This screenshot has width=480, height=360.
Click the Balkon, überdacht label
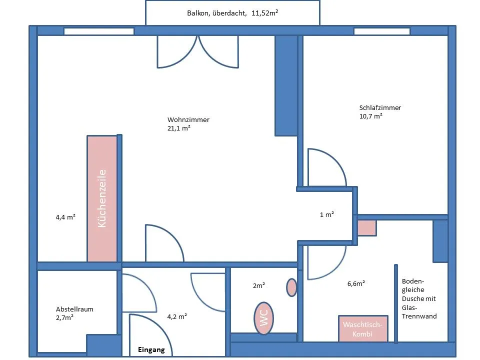216,13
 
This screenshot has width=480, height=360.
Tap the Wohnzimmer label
188,119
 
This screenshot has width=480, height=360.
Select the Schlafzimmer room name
380,108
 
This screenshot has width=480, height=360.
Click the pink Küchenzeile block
102,198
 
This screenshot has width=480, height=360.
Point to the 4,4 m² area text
65,217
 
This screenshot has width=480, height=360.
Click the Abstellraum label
74,309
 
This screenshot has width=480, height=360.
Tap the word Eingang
151,350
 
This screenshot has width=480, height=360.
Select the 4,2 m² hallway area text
177,316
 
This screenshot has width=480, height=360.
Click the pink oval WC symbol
263,318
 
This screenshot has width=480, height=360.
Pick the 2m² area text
258,285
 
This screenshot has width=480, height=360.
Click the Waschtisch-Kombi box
363,329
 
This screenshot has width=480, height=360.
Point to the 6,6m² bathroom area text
356,284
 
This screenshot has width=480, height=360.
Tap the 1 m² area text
326,214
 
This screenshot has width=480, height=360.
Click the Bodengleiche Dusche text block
419,299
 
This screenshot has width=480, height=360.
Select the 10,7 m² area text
370,116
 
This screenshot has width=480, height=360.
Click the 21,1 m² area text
179,128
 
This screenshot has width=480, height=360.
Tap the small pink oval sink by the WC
291,287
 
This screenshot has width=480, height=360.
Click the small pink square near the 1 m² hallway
366,228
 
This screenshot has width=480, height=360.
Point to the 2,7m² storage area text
64,318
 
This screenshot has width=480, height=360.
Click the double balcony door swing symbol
198,51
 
